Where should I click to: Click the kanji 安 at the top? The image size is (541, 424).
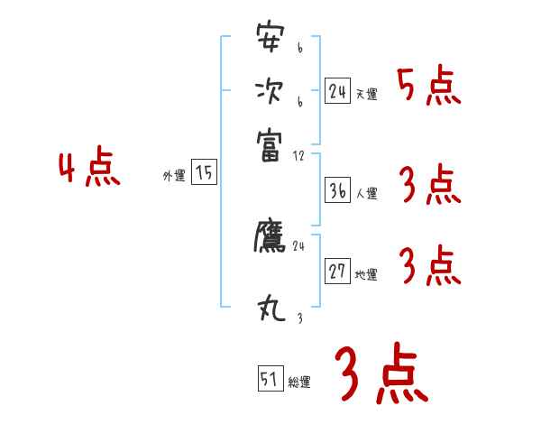coord(270,41)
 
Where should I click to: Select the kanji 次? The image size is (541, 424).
coord(270,91)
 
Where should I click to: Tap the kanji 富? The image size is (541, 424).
coord(270,142)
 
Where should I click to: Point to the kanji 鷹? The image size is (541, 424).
coord(270,236)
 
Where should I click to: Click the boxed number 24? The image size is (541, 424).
coord(338,90)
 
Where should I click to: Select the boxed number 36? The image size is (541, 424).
coord(338,190)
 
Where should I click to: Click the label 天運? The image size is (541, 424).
coord(366,94)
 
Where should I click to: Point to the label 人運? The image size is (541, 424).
coord(366,193)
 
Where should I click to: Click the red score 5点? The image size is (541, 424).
coord(428,87)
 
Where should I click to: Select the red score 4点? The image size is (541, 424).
coord(88,171)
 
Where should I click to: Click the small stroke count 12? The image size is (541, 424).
coord(299,156)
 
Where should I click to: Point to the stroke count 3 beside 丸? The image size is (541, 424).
coord(298,318)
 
